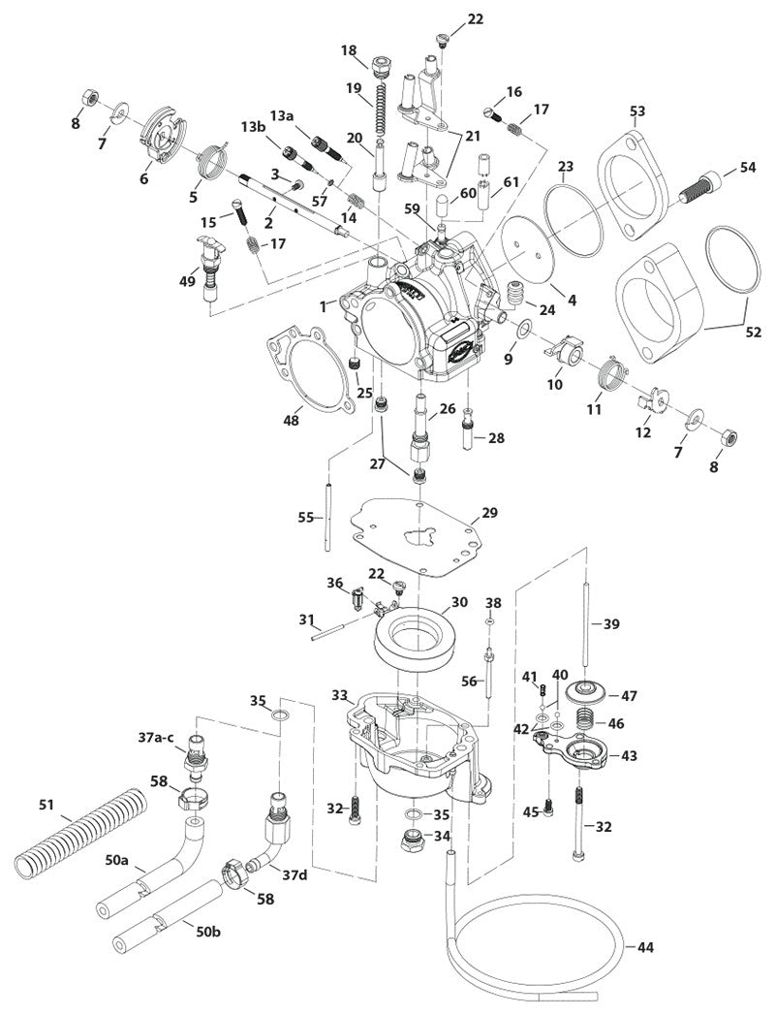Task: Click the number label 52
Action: (753, 332)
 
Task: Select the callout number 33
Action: (339, 695)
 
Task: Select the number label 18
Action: (349, 50)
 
